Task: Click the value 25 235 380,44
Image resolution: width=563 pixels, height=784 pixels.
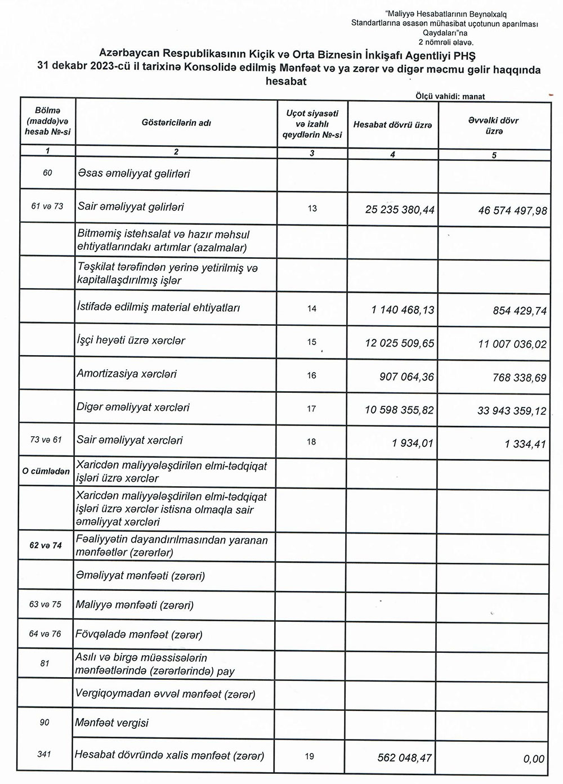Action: [400, 210]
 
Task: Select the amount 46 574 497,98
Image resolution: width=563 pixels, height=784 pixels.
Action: [512, 210]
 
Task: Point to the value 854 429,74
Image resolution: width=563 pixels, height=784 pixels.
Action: [519, 310]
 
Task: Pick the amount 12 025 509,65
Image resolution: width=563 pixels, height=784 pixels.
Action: [400, 343]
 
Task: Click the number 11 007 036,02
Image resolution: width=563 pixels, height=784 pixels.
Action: [512, 344]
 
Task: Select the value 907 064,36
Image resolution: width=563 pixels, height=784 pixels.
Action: [406, 377]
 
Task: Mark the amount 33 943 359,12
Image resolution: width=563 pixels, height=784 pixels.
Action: [512, 410]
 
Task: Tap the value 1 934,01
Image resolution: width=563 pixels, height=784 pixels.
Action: [413, 443]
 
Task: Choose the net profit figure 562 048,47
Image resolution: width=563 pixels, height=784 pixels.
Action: [405, 758]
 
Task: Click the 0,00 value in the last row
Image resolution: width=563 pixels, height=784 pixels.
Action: [534, 759]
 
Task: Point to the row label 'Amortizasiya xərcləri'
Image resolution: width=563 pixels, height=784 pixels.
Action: [127, 374]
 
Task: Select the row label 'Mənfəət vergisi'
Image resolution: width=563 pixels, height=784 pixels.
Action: [111, 723]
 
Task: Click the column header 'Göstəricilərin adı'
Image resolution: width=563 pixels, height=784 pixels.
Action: [176, 123]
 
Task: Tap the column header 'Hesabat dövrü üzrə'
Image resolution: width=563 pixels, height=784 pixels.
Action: [392, 124]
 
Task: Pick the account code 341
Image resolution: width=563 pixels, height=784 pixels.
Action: [44, 754]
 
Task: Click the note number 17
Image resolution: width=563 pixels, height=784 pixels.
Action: [312, 409]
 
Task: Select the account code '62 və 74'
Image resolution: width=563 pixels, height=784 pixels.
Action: [46, 545]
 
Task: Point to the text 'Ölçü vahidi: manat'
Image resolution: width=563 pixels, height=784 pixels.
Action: [450, 96]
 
